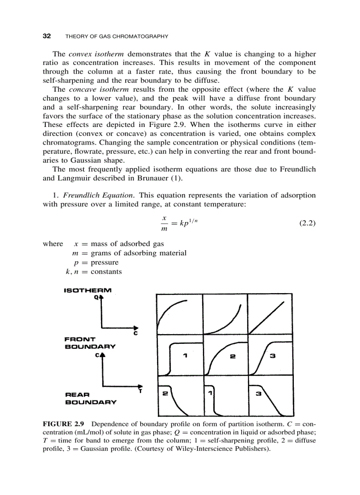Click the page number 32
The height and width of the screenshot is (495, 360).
pyautogui.click(x=47, y=36)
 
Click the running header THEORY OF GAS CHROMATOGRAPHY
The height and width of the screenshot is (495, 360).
pyautogui.click(x=116, y=37)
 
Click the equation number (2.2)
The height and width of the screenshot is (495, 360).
pyautogui.click(x=307, y=223)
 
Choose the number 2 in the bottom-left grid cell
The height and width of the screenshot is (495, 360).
pyautogui.click(x=165, y=393)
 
